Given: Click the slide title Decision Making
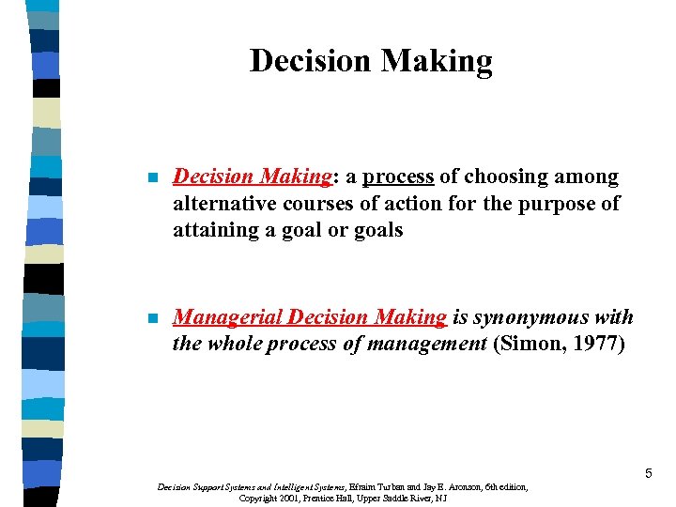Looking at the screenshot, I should coord(371,61).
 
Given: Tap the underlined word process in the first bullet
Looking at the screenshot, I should coord(398,177).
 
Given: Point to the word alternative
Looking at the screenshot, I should coord(220,204).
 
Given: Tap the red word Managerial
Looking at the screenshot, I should coord(228,317).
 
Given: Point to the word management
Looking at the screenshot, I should coord(422,344).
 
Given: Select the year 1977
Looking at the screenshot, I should coord(598,344).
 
